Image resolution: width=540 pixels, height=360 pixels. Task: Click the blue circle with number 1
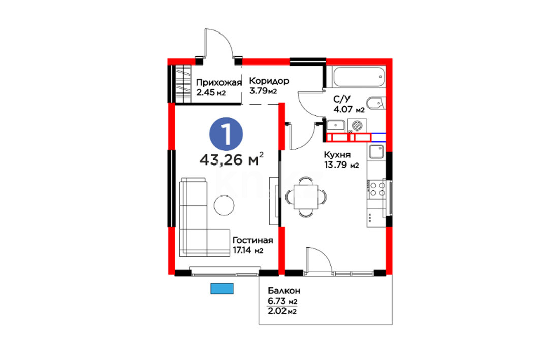[226, 134]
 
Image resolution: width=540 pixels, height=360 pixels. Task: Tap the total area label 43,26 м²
[232, 159]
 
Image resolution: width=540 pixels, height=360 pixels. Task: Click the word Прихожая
[219, 83]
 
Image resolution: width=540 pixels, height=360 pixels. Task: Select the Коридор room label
[269, 81]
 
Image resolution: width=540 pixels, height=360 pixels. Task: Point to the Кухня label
[337, 155]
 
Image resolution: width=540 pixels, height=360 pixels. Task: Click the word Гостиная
[253, 240]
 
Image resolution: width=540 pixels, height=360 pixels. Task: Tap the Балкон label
[284, 291]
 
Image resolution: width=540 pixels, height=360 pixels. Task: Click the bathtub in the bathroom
[359, 78]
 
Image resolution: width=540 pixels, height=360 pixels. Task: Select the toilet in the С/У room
[376, 103]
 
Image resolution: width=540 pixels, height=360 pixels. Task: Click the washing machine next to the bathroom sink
[357, 125]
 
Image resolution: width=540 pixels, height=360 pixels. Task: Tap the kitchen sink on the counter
[376, 151]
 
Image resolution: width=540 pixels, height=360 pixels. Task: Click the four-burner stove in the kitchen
[376, 189]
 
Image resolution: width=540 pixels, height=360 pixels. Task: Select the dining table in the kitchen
[306, 197]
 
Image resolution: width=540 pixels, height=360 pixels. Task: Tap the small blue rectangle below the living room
[222, 289]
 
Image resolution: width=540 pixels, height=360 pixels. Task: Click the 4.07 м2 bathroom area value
[349, 110]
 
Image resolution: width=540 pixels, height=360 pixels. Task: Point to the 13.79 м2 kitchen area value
[341, 165]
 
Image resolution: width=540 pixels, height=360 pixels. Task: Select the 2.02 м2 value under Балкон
[282, 312]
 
